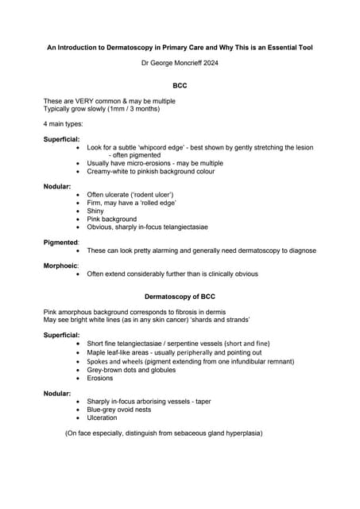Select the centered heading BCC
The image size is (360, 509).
point(180,84)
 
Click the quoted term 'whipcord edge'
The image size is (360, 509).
point(161,147)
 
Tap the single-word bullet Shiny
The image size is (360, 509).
point(96,211)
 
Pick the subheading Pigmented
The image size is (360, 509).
point(60,242)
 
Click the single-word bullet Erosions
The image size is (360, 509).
point(99,378)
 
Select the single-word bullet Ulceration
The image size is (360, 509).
point(102,418)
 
